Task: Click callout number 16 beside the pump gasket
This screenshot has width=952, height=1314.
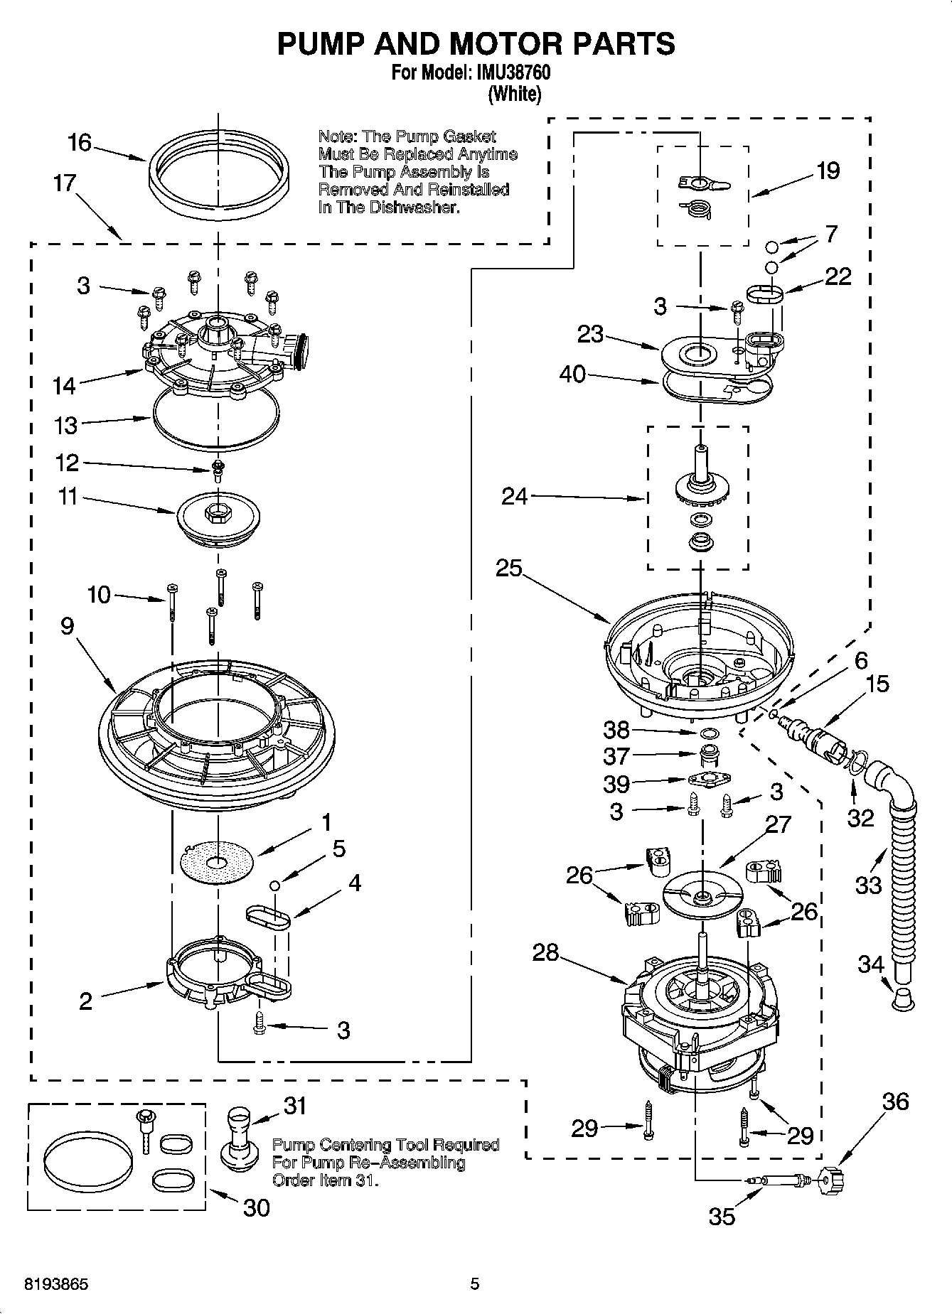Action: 80,143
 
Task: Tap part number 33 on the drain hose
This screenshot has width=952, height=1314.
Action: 869,885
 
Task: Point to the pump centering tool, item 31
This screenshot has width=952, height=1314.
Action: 237,1141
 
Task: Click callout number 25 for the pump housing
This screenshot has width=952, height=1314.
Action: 509,568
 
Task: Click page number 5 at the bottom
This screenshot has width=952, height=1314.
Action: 475,1284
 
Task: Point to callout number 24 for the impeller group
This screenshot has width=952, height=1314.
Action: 515,496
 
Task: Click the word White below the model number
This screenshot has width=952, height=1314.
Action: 515,94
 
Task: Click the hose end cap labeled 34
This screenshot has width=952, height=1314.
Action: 902,1000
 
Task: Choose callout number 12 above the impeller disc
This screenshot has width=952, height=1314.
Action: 68,463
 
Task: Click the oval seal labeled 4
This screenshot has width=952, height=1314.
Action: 268,917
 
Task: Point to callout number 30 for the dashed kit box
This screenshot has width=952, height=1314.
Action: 256,1207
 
